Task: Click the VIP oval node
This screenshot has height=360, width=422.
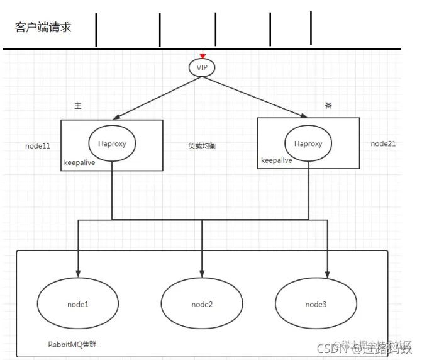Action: click(202, 66)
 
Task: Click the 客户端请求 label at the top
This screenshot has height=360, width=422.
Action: click(43, 28)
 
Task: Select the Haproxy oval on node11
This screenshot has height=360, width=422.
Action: click(112, 143)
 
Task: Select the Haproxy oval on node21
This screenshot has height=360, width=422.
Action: click(308, 143)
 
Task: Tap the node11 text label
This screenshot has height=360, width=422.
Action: click(38, 145)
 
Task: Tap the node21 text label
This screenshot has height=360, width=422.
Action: click(383, 143)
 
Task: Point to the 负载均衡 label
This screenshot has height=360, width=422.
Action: click(202, 145)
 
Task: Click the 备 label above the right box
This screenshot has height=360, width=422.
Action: click(328, 106)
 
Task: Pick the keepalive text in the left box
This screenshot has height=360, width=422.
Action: click(81, 162)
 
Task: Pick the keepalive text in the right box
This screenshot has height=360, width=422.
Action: click(277, 160)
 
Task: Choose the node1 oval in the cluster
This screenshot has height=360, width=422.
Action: click(78, 304)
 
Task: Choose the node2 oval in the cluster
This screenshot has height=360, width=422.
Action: click(202, 304)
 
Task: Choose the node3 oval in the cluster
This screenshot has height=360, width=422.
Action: click(316, 304)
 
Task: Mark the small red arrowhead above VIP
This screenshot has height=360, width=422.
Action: click(203, 55)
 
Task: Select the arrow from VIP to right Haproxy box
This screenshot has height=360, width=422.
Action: click(255, 96)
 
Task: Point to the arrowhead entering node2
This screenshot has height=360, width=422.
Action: click(202, 273)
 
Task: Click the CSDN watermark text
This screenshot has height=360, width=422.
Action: click(329, 349)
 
